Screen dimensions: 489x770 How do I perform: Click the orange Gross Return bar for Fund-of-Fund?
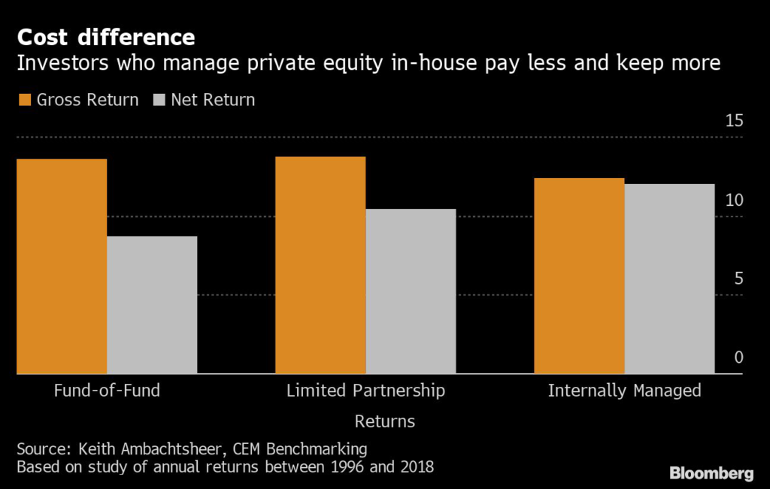(62, 267)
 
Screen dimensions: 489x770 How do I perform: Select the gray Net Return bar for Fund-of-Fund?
(152, 305)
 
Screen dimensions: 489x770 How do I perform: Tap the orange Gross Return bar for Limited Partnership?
(320, 265)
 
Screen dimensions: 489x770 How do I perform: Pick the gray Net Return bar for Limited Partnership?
(411, 291)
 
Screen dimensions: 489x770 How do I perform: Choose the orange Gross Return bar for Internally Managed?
(579, 276)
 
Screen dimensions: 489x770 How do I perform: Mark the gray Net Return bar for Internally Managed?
(669, 279)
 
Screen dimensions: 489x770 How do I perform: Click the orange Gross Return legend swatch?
(23, 100)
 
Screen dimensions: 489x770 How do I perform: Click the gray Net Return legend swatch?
(159, 100)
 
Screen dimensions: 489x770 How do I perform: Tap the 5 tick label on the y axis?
(738, 279)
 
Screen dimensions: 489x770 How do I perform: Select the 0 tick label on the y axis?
(738, 358)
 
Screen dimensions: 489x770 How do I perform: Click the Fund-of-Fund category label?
(107, 391)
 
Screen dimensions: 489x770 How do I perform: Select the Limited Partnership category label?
(365, 391)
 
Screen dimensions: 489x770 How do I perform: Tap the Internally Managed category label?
(624, 391)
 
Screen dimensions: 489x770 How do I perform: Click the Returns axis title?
(384, 421)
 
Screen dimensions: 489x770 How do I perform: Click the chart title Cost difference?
(106, 37)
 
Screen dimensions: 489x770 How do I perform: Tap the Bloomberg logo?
(711, 473)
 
